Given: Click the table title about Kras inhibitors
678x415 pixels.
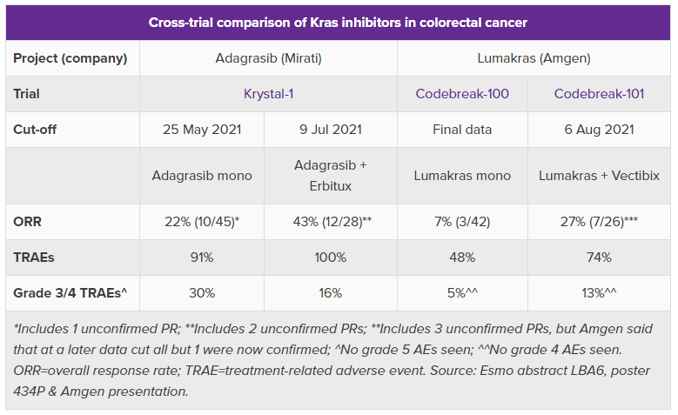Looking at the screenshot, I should [338, 22].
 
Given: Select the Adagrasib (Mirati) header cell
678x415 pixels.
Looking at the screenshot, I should [268, 58].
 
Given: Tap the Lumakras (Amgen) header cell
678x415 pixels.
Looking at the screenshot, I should [534, 58].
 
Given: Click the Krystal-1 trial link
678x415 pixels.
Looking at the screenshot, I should [268, 94].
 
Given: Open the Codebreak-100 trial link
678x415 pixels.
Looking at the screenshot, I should [462, 94].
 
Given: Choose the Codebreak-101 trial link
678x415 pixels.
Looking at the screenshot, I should [599, 94].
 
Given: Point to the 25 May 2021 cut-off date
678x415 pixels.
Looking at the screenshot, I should [202, 130].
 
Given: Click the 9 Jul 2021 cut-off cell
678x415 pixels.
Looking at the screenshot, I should [330, 130].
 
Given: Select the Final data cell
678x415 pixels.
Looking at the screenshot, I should [462, 130].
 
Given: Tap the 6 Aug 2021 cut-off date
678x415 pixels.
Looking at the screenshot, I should [599, 130].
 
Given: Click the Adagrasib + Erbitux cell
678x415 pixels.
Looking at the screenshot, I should [330, 175].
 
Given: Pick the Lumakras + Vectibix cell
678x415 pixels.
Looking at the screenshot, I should [599, 175].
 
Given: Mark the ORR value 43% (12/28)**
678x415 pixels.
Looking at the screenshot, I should [330, 221].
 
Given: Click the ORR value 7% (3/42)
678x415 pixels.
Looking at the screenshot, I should [462, 221].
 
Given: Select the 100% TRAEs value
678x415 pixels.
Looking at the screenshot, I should [330, 258].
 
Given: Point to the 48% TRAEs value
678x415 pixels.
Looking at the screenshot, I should [462, 258].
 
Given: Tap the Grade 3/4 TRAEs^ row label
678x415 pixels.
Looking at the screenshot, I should [70, 293].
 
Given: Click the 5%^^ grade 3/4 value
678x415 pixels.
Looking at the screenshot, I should [462, 293].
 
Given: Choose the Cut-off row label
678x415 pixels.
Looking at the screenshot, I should [36, 130].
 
